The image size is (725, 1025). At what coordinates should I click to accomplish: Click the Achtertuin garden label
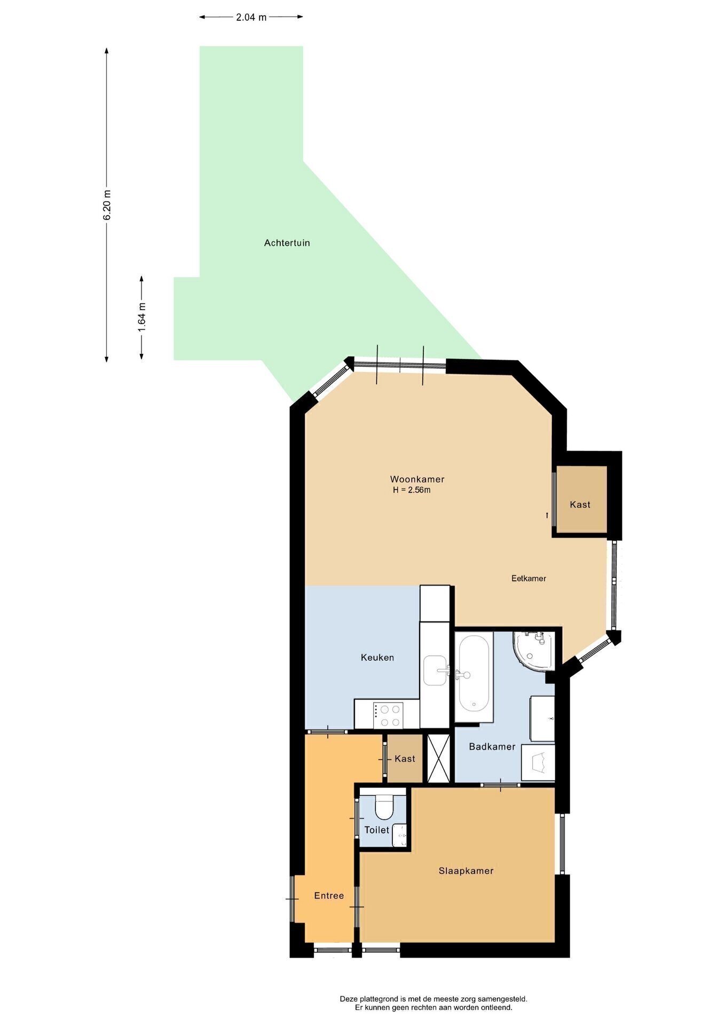[x=287, y=243]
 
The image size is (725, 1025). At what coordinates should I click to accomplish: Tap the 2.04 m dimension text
[x=251, y=17]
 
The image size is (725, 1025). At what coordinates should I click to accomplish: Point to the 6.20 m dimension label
[x=107, y=205]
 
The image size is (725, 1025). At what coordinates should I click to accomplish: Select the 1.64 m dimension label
[x=142, y=317]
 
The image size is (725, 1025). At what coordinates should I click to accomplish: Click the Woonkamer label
[x=417, y=479]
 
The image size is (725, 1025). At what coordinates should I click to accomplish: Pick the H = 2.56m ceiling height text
[x=412, y=490]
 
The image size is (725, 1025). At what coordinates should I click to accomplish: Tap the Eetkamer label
[x=529, y=578]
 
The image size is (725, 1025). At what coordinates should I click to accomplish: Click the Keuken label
[x=377, y=658]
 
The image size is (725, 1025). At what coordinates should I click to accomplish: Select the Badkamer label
[x=492, y=746]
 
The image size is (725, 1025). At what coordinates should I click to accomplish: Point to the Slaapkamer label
[x=466, y=871]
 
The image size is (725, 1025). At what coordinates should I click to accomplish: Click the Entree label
[x=329, y=896]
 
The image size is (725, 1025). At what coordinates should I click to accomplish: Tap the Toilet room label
[x=377, y=830]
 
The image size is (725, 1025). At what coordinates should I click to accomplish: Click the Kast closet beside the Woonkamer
[x=581, y=500]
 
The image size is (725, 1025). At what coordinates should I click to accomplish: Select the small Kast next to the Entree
[x=405, y=758]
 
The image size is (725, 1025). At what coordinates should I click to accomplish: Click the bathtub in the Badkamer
[x=474, y=677]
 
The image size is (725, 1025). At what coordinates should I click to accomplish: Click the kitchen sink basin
[x=435, y=671]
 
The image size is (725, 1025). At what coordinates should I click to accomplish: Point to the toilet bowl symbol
[x=383, y=808]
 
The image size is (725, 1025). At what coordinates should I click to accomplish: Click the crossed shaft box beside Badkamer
[x=439, y=759]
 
